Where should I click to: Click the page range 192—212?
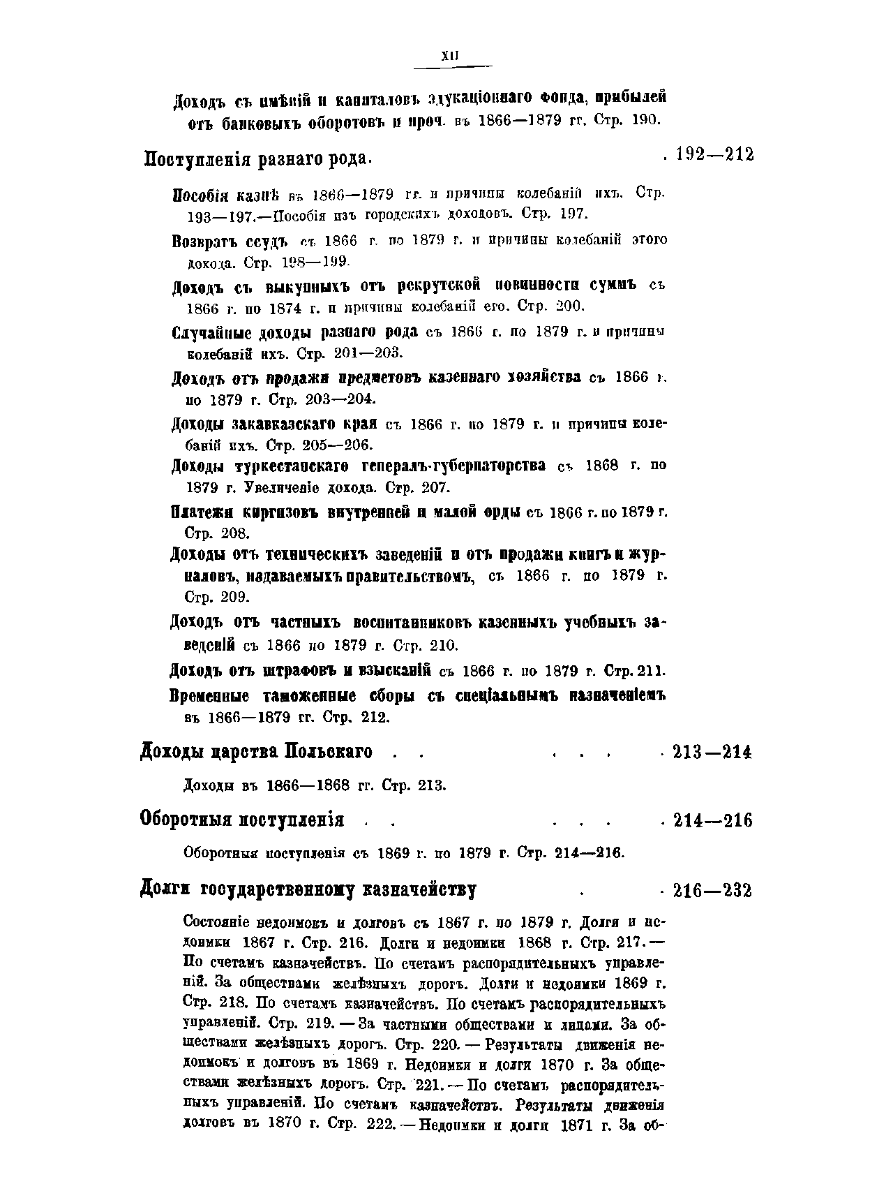point(715,155)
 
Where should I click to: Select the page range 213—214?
point(712,753)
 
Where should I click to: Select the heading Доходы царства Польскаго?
point(257,752)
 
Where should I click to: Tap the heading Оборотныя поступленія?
point(242,820)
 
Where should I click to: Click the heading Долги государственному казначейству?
point(308,891)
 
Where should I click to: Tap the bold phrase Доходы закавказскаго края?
point(274,424)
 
